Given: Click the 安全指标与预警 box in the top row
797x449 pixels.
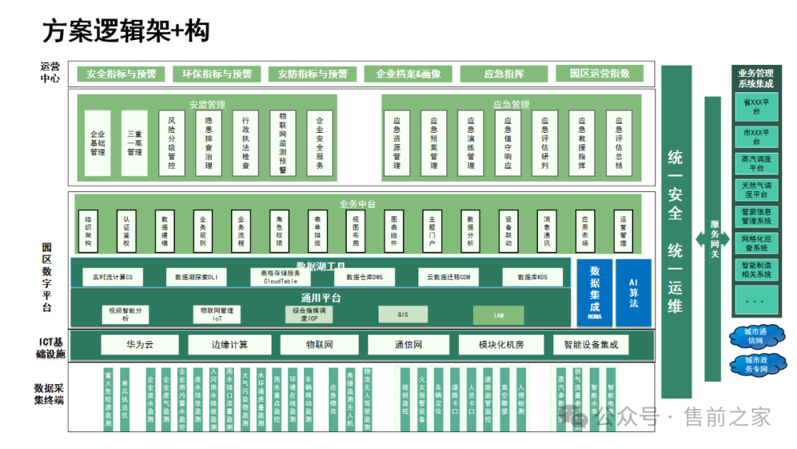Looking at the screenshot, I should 121,74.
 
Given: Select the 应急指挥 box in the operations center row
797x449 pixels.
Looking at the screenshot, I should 504,74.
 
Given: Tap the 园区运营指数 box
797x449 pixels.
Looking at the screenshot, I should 599,74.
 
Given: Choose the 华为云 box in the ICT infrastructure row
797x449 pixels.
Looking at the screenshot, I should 140,345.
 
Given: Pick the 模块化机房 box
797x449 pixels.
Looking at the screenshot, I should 501,345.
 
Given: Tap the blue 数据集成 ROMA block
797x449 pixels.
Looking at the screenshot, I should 595,292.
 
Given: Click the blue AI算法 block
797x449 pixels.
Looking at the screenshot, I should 633,292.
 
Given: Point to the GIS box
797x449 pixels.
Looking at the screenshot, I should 403,315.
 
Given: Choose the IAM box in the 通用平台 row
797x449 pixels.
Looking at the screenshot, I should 499,315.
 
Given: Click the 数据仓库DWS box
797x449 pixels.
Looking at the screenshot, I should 359,277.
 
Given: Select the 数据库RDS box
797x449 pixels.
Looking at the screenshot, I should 532,277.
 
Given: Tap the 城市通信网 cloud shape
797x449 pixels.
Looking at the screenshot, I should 756,337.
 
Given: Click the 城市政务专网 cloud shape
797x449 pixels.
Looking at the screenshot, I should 756,365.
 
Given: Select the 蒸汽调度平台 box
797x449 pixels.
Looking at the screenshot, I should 756,163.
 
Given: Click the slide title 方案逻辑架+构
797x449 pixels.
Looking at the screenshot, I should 125,31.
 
